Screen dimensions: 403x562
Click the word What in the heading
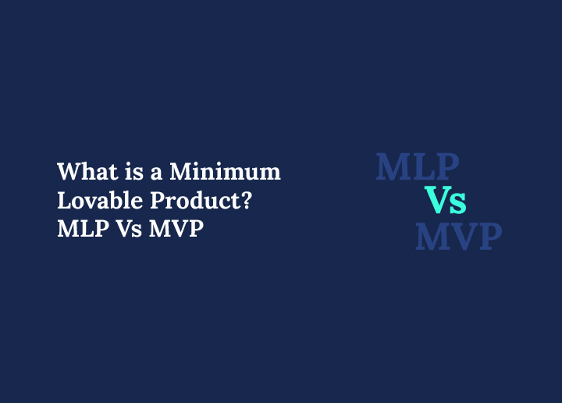[83, 172]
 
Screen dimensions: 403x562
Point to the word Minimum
[225, 172]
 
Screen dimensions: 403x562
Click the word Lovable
[94, 201]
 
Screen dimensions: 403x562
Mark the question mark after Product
[246, 201]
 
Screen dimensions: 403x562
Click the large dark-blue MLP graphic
[418, 167]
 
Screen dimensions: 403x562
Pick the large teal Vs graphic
[446, 201]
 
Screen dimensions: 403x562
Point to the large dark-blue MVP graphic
[458, 236]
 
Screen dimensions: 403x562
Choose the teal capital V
[437, 201]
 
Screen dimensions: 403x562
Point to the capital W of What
[66, 172]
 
